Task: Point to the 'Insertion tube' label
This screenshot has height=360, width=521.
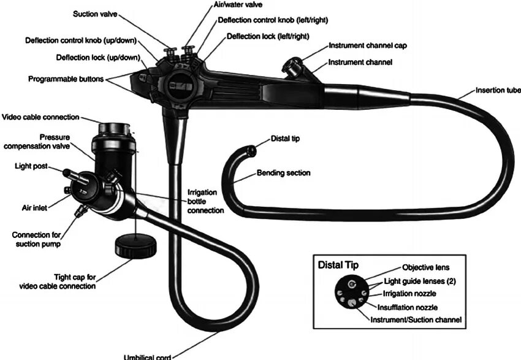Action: (x=498, y=91)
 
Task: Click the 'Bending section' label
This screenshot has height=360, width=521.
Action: (x=283, y=173)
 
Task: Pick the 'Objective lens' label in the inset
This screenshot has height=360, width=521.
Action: (x=425, y=267)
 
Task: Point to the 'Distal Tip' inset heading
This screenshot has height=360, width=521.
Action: (x=338, y=265)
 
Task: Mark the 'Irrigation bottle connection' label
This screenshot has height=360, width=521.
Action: (x=205, y=201)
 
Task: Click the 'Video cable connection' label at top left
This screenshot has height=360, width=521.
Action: (x=41, y=117)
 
